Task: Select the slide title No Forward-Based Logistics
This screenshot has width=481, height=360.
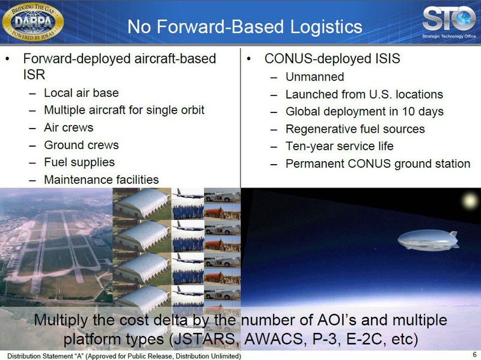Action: [x=245, y=26]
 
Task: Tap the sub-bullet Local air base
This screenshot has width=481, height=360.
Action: [x=81, y=93]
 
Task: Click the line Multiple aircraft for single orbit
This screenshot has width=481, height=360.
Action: [x=124, y=111]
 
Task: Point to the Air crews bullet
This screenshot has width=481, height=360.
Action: [x=69, y=127]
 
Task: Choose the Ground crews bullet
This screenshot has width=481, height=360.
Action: [x=81, y=145]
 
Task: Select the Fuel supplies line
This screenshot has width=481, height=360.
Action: [x=79, y=162]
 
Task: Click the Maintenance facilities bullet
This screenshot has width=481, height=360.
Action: [x=101, y=180]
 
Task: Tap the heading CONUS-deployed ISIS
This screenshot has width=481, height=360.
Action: [x=332, y=59]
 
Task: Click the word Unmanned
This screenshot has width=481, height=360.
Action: [x=314, y=77]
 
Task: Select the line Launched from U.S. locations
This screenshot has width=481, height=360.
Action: [x=364, y=94]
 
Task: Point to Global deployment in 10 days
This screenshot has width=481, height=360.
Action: [x=364, y=112]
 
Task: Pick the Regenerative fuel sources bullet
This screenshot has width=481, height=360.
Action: [x=355, y=129]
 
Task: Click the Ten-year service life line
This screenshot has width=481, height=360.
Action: [x=339, y=146]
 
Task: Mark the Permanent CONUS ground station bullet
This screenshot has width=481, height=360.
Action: [x=378, y=163]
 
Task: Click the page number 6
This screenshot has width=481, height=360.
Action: [x=474, y=354]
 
